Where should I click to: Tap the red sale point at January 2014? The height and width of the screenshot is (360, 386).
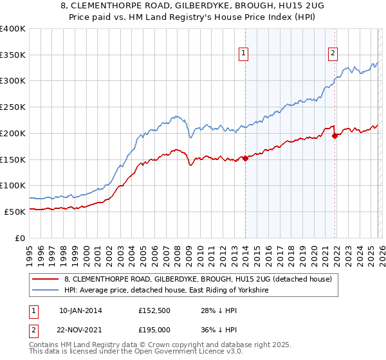pos(245,158)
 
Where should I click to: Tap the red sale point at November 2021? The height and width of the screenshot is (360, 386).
pos(335,136)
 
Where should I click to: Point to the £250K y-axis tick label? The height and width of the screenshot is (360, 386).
pos(13,107)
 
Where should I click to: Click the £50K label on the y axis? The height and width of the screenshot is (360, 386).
pos(15,212)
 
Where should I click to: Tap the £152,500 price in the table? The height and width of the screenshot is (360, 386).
pos(155,310)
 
